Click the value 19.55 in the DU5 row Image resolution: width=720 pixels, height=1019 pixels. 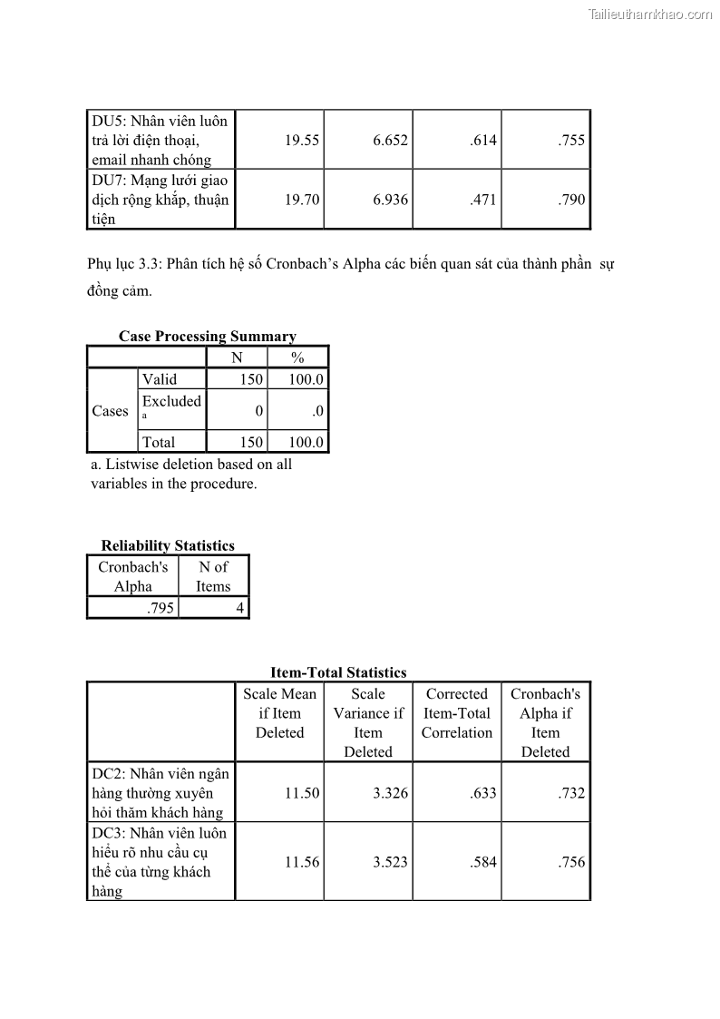tap(302, 141)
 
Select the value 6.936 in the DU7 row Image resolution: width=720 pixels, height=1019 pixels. tap(390, 200)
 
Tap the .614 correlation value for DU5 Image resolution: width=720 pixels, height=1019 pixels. tap(483, 141)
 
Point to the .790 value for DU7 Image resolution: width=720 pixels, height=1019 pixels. tap(571, 200)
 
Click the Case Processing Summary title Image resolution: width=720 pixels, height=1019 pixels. tap(207, 337)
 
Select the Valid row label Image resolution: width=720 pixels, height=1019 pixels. tap(160, 379)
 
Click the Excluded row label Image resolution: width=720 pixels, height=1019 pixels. tap(171, 401)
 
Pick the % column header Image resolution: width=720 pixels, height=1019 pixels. tap(297, 358)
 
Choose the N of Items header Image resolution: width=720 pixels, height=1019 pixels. tap(213, 577)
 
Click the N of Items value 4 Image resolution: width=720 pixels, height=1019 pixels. tap(239, 608)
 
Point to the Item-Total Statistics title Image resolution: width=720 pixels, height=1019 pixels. tap(338, 672)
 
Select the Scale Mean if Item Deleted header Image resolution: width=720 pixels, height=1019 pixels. tap(279, 713)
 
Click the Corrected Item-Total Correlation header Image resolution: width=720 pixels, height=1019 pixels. tap(457, 713)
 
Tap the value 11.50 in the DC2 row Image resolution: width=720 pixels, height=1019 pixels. tap(302, 793)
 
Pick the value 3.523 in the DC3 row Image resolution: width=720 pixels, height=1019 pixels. tap(390, 862)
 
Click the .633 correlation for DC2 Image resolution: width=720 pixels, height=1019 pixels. tap(483, 793)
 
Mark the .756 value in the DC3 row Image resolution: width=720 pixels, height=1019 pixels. tap(571, 862)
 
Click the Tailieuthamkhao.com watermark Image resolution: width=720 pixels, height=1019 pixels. tap(650, 15)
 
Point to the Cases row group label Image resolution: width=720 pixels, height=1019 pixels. tap(111, 411)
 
